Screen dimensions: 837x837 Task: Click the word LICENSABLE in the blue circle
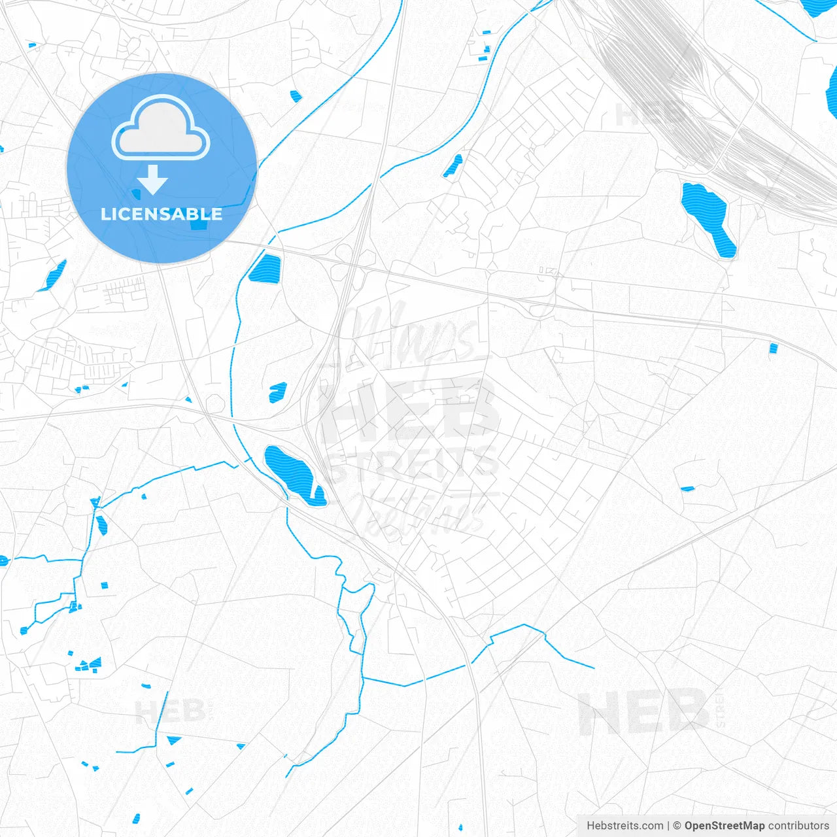pyautogui.click(x=162, y=214)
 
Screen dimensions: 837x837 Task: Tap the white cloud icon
pyautogui.click(x=161, y=129)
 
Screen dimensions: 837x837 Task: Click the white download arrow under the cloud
pyautogui.click(x=152, y=179)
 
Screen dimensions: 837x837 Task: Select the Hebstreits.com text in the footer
pyautogui.click(x=624, y=826)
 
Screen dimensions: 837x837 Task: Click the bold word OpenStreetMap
pyautogui.click(x=724, y=826)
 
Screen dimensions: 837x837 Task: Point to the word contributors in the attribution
pyautogui.click(x=798, y=826)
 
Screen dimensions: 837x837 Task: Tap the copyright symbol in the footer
pyautogui.click(x=677, y=826)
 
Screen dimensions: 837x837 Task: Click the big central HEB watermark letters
pyautogui.click(x=409, y=409)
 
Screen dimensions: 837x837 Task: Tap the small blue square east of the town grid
pyautogui.click(x=774, y=348)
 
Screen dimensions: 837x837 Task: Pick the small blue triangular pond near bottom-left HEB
pyautogui.click(x=173, y=740)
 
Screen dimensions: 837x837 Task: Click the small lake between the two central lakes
pyautogui.click(x=278, y=392)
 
